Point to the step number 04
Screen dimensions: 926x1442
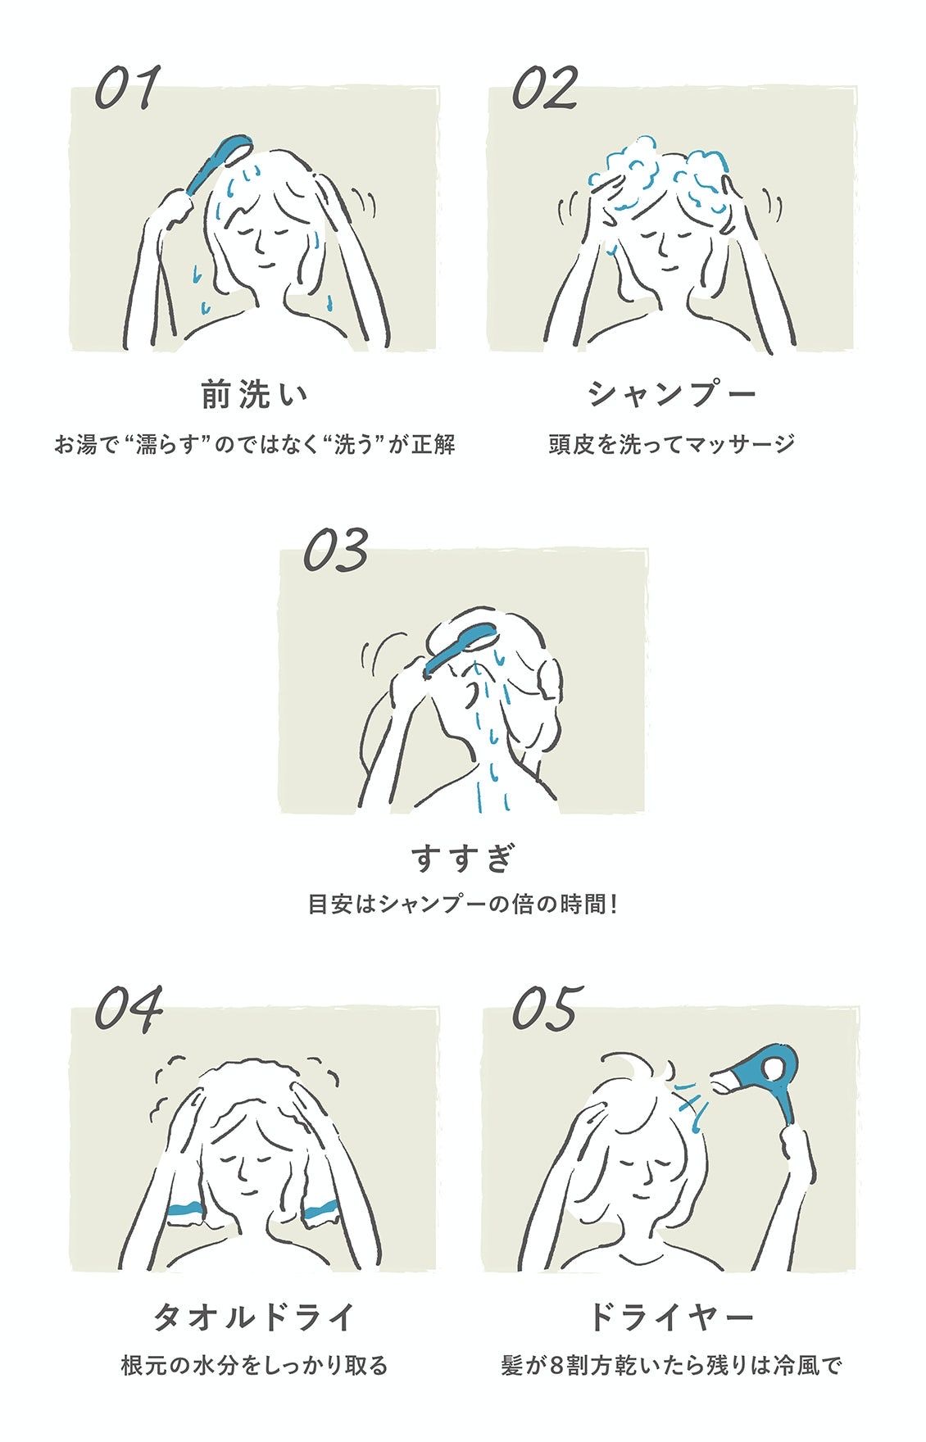click(x=129, y=1009)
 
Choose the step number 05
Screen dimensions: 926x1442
click(x=546, y=1009)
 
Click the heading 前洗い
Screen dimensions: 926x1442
click(x=255, y=395)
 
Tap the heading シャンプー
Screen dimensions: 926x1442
click(x=672, y=395)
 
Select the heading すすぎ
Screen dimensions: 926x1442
click(x=464, y=857)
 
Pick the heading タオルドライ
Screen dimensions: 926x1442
click(x=255, y=1317)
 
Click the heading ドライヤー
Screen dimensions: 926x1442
click(x=672, y=1317)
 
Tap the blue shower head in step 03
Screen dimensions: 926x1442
click(x=458, y=647)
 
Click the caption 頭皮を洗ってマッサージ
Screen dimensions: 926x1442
click(x=672, y=445)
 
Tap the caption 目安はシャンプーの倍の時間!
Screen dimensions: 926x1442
click(x=463, y=905)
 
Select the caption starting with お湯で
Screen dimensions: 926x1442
click(x=255, y=445)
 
